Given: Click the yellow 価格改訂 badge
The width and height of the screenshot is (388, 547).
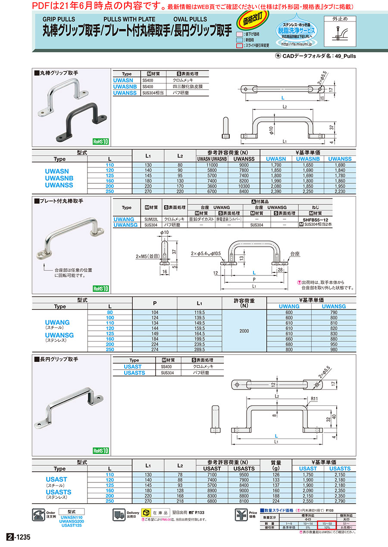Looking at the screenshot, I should click(x=252, y=21).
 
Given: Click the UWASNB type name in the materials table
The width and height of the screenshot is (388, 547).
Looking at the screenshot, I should click(x=125, y=86).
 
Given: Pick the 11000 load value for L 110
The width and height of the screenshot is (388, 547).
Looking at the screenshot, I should click(x=209, y=165).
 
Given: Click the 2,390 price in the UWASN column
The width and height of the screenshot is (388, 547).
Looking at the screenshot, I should click(x=276, y=191).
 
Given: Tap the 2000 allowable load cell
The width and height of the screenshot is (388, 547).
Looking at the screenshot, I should click(x=244, y=331).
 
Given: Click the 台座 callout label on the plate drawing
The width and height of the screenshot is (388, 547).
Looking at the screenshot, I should click(x=295, y=254).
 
